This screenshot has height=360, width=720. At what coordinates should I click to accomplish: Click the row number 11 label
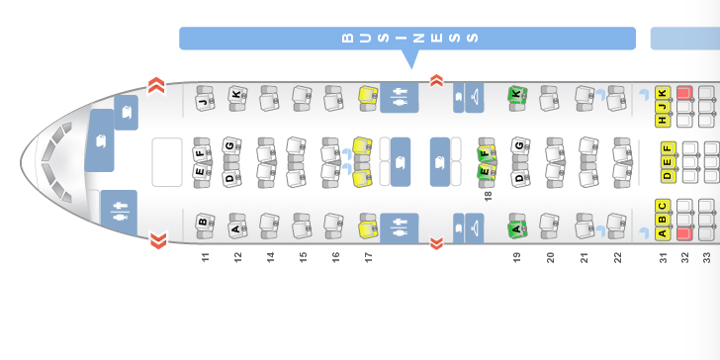(x=206, y=257)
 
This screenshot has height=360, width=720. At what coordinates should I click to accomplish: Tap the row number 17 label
(x=368, y=257)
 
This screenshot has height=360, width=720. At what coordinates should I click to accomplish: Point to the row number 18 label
(x=488, y=196)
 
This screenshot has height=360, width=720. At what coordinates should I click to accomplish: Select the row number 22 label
(x=617, y=257)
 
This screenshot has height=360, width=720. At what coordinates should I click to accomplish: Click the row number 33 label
(x=707, y=257)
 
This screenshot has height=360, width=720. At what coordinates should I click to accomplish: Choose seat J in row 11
(x=205, y=98)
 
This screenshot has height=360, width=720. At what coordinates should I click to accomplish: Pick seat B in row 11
(x=205, y=225)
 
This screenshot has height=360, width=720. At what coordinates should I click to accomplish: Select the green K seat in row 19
(x=517, y=98)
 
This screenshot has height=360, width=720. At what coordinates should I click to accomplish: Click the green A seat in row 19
(x=517, y=225)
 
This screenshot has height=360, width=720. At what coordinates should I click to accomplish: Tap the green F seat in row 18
(x=487, y=150)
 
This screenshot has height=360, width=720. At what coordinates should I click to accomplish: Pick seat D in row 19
(x=520, y=175)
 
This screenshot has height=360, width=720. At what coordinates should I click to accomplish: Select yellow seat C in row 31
(x=663, y=206)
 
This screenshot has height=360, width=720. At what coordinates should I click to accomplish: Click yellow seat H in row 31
(x=663, y=121)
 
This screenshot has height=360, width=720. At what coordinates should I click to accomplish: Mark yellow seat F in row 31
(x=669, y=148)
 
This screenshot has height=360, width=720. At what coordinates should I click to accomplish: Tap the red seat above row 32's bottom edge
(x=684, y=233)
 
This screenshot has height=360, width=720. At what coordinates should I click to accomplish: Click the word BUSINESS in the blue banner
(x=410, y=38)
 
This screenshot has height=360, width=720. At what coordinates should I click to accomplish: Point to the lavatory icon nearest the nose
(x=120, y=212)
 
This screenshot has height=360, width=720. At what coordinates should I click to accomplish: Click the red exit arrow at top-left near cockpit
(x=156, y=85)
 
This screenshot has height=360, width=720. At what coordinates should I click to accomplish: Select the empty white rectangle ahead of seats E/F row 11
(x=167, y=162)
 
